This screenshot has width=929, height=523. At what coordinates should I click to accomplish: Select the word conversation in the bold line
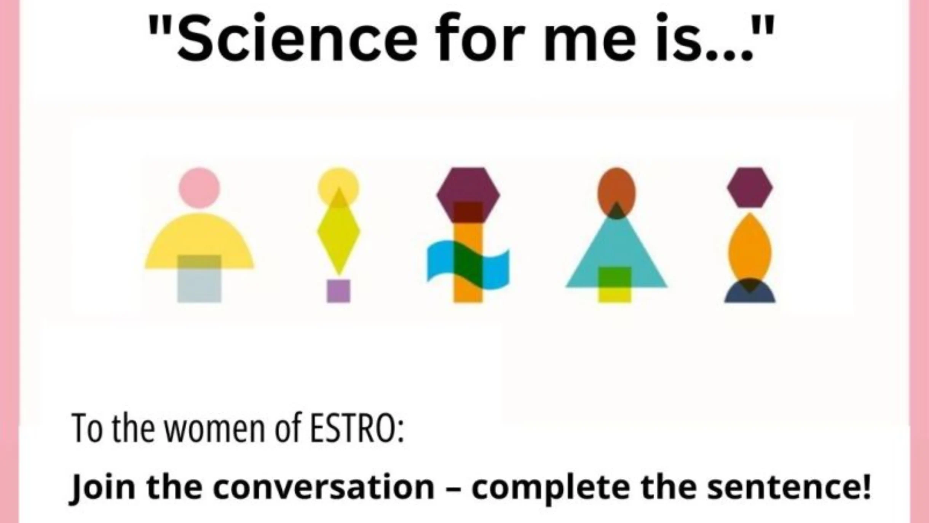324,487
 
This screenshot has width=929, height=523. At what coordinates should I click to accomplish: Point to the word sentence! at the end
789,487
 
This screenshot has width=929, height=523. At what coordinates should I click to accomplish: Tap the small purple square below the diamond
338,291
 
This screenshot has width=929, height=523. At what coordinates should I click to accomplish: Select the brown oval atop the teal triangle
616,189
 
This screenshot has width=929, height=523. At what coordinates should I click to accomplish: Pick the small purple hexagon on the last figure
750,187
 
